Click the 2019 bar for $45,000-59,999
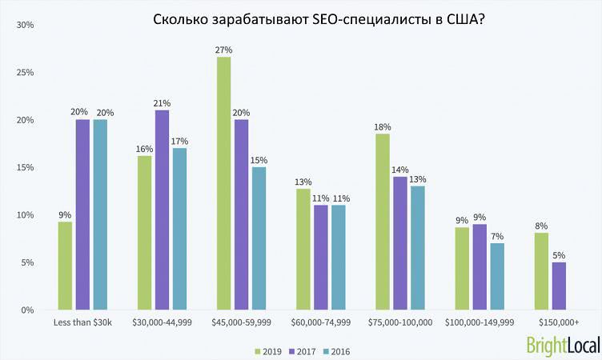[x=223, y=183]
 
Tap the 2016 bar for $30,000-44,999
[x=179, y=229]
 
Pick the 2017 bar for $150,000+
[x=558, y=286]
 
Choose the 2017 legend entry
[x=303, y=350]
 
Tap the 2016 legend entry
[x=338, y=350]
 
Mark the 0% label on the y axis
[x=26, y=310]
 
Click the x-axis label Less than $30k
[x=82, y=322]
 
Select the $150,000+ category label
[x=558, y=322]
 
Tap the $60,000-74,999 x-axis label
[x=319, y=322]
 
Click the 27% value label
[x=223, y=50]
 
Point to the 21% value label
[x=162, y=103]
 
